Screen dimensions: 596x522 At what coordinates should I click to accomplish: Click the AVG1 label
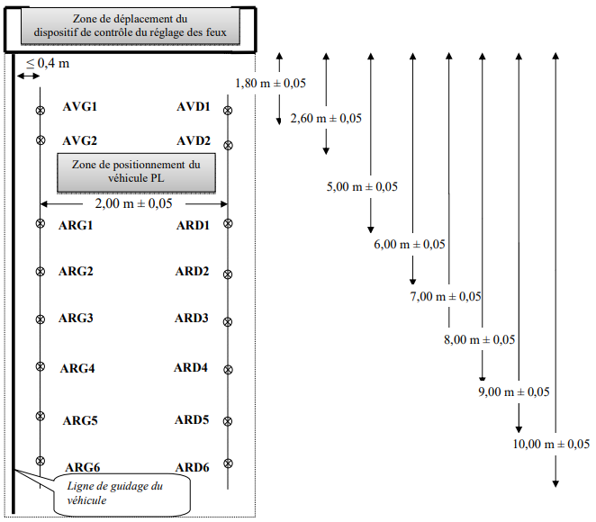pos(80,106)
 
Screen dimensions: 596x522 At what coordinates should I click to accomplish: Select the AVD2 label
pos(194,140)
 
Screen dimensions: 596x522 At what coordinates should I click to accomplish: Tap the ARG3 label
pos(76,318)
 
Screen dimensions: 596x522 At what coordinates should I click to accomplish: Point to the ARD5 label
pos(192,419)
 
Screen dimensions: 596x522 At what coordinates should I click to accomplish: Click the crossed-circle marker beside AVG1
pos(41,110)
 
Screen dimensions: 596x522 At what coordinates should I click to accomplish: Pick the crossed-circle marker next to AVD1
pos(228,111)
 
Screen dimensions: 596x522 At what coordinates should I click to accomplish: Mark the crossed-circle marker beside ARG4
pos(41,366)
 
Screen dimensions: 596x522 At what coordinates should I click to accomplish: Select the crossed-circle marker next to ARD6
pos(228,463)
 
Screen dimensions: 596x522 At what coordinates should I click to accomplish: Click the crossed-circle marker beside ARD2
pos(228,274)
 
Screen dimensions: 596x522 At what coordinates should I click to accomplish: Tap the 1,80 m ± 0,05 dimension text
pos(270,83)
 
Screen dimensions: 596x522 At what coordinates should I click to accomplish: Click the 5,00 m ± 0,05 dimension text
pos(362,186)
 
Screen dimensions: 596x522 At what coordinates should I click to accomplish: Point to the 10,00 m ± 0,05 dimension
pos(551,444)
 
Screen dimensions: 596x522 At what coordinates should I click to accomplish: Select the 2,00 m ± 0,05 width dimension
pos(133,203)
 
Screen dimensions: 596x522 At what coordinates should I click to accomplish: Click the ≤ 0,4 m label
pos(48,63)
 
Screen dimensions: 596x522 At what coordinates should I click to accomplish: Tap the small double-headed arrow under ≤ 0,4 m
pos(29,76)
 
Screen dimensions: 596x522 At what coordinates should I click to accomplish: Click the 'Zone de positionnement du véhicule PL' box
pos(137,173)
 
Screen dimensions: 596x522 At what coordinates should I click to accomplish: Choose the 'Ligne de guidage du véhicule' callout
pos(122,495)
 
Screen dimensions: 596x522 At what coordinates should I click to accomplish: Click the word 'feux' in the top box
pos(216,32)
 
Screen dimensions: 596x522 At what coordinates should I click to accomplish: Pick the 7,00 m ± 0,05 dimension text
pos(446,296)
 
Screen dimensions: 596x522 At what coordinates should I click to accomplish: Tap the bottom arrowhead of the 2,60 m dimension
pos(326,151)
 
